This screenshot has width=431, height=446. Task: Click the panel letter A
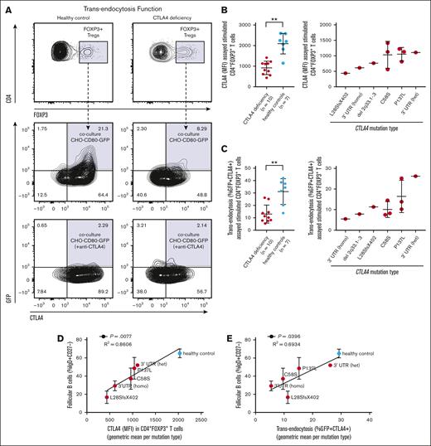(7, 7)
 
